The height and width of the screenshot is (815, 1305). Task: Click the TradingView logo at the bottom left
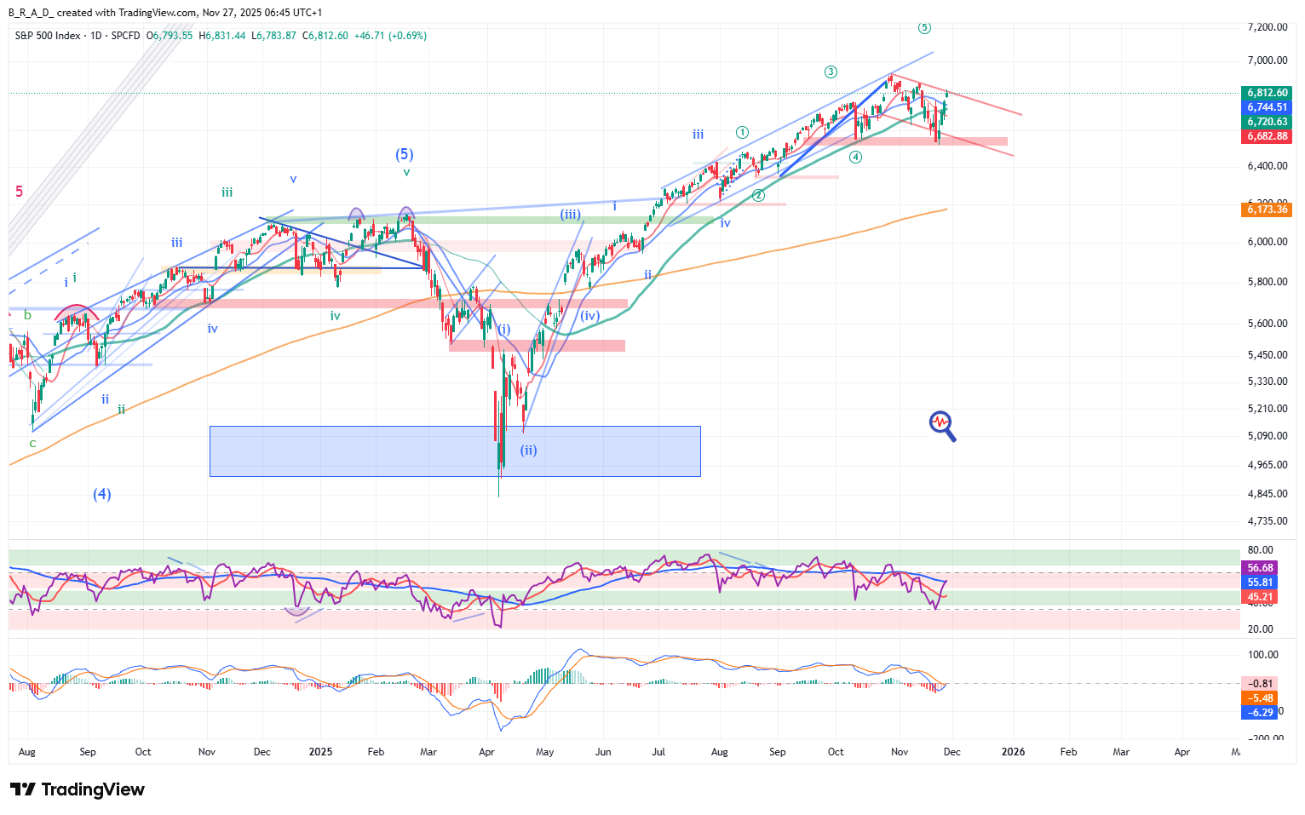[x=78, y=789]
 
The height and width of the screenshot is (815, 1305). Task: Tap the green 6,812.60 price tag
[x=1268, y=93]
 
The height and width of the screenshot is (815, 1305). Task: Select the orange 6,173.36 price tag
[x=1268, y=209]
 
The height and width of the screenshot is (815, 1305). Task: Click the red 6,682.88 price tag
[x=1268, y=136]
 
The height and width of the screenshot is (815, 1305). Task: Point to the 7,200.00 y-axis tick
[x=1267, y=27]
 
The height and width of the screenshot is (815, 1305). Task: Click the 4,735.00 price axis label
[x=1267, y=521]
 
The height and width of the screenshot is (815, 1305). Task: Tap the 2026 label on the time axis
[x=1013, y=752]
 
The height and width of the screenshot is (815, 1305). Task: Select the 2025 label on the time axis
[x=320, y=752]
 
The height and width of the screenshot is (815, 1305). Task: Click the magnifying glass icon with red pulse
[x=942, y=426]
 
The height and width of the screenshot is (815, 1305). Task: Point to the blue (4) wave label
[x=102, y=494]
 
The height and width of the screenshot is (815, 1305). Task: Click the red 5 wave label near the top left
[x=20, y=192]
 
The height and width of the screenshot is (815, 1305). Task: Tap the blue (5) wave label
[x=404, y=154]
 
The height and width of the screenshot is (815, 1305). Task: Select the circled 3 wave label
[x=831, y=72]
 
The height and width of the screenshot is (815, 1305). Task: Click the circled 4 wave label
[x=855, y=157]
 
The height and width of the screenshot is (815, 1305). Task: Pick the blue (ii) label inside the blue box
[x=529, y=451]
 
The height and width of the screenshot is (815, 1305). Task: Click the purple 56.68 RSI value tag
[x=1261, y=568]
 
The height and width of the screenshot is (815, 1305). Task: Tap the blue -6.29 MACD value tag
[x=1261, y=713]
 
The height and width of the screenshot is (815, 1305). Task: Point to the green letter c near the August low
[x=32, y=443]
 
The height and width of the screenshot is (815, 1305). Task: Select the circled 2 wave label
[x=758, y=196]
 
